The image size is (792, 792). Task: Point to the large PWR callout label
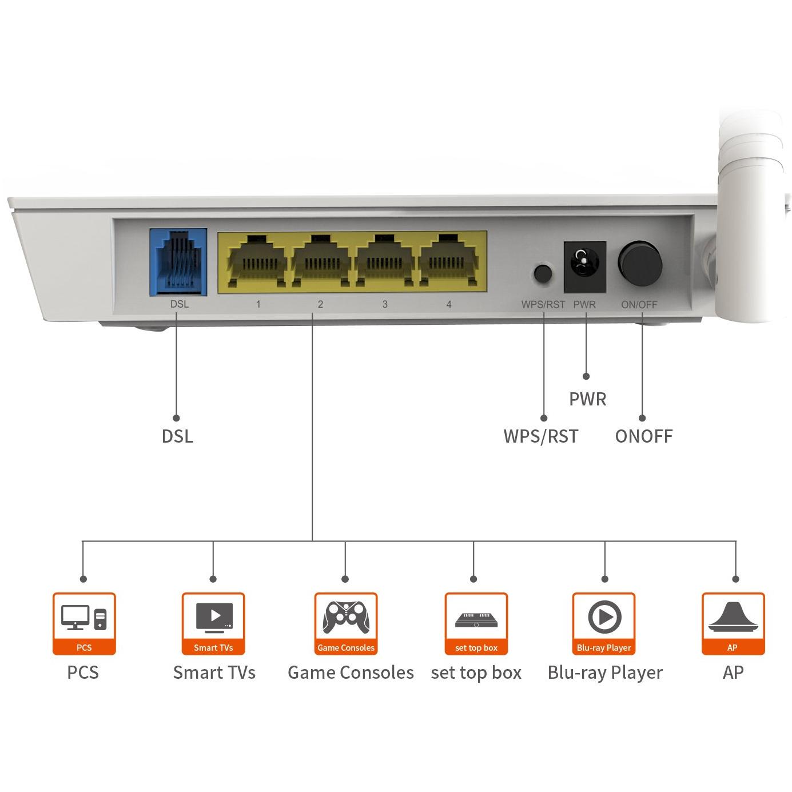587,399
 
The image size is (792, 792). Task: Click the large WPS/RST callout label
540,436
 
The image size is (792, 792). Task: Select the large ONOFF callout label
643,436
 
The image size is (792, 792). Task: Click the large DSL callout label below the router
177,436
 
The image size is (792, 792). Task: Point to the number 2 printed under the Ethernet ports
320,304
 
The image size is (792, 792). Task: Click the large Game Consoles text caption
351,672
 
